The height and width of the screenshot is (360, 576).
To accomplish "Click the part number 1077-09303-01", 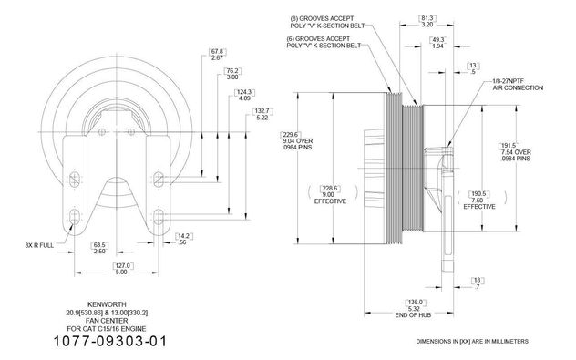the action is pos(110,341).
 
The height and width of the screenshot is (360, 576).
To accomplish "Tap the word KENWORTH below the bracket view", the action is pos(107,304).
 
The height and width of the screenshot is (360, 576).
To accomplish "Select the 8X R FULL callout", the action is pos(39,245).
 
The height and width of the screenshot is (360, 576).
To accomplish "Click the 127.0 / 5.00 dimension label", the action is pos(122,269).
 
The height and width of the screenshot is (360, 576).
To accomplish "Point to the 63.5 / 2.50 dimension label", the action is pos(99,248).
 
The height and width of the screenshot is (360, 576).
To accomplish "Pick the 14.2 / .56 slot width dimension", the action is pos(184,239).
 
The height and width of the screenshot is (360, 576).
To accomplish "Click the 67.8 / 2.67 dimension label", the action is pos(217,55).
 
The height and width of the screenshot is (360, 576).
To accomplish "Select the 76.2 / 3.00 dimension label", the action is pos(233,74).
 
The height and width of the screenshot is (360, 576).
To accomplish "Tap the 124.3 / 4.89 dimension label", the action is pos(244,95).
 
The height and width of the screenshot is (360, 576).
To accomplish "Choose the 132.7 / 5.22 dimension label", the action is pos(262,115).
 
